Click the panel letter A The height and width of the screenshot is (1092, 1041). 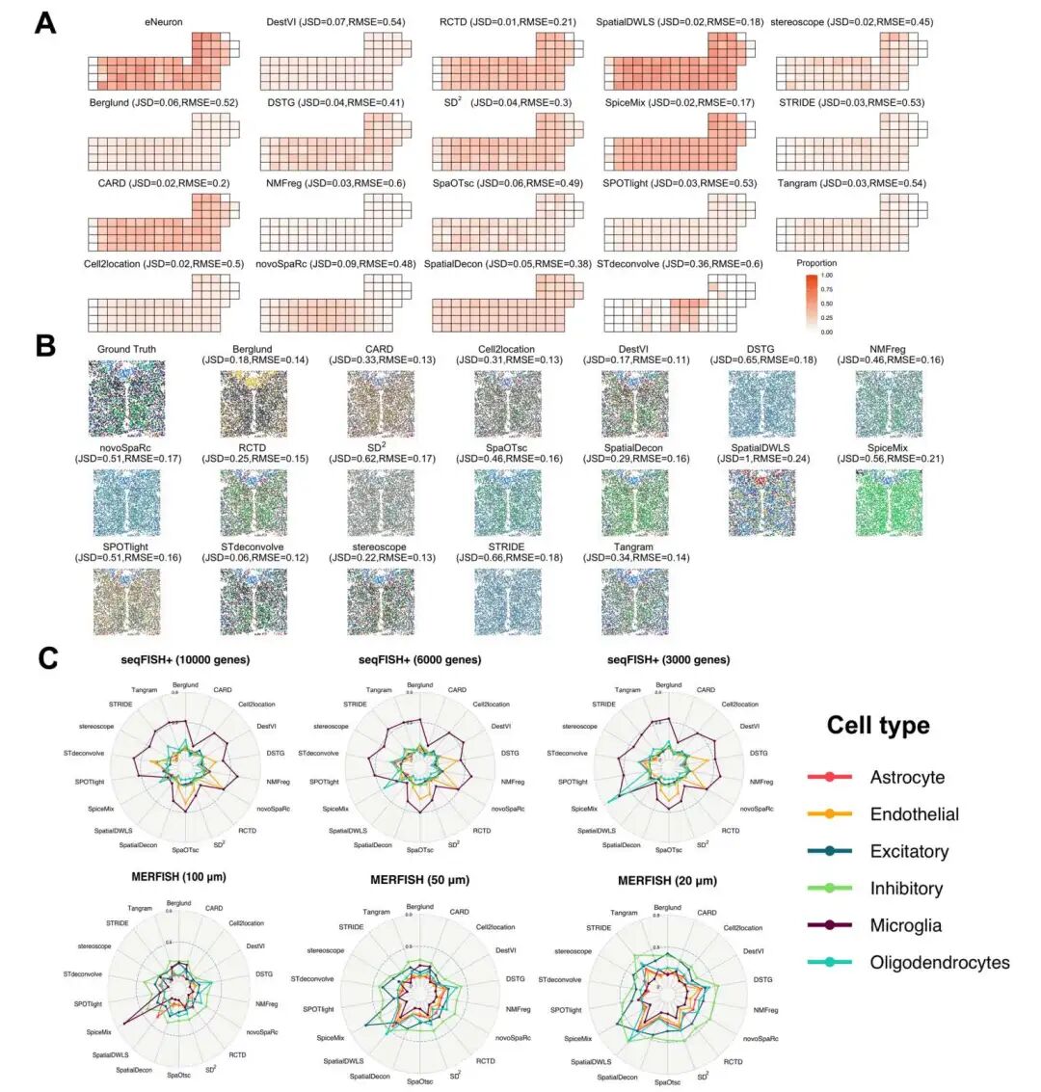44,22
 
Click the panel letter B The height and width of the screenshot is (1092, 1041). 44,345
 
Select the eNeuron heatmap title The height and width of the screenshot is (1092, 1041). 164,21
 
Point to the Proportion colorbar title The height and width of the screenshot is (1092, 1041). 816,263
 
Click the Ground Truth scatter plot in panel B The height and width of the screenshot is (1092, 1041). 126,399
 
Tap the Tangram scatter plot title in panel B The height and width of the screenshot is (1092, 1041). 633,546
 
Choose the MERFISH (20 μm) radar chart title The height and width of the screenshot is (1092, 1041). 668,880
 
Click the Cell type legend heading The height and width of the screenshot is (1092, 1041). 878,725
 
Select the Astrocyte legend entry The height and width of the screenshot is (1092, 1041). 906,777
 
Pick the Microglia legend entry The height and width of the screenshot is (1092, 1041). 905,925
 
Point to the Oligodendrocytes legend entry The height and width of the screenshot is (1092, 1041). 939,962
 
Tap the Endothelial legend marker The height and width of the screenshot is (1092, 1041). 829,814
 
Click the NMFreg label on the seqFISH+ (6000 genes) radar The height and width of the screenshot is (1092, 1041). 513,781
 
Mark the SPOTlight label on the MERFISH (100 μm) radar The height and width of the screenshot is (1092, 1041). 88,1003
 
